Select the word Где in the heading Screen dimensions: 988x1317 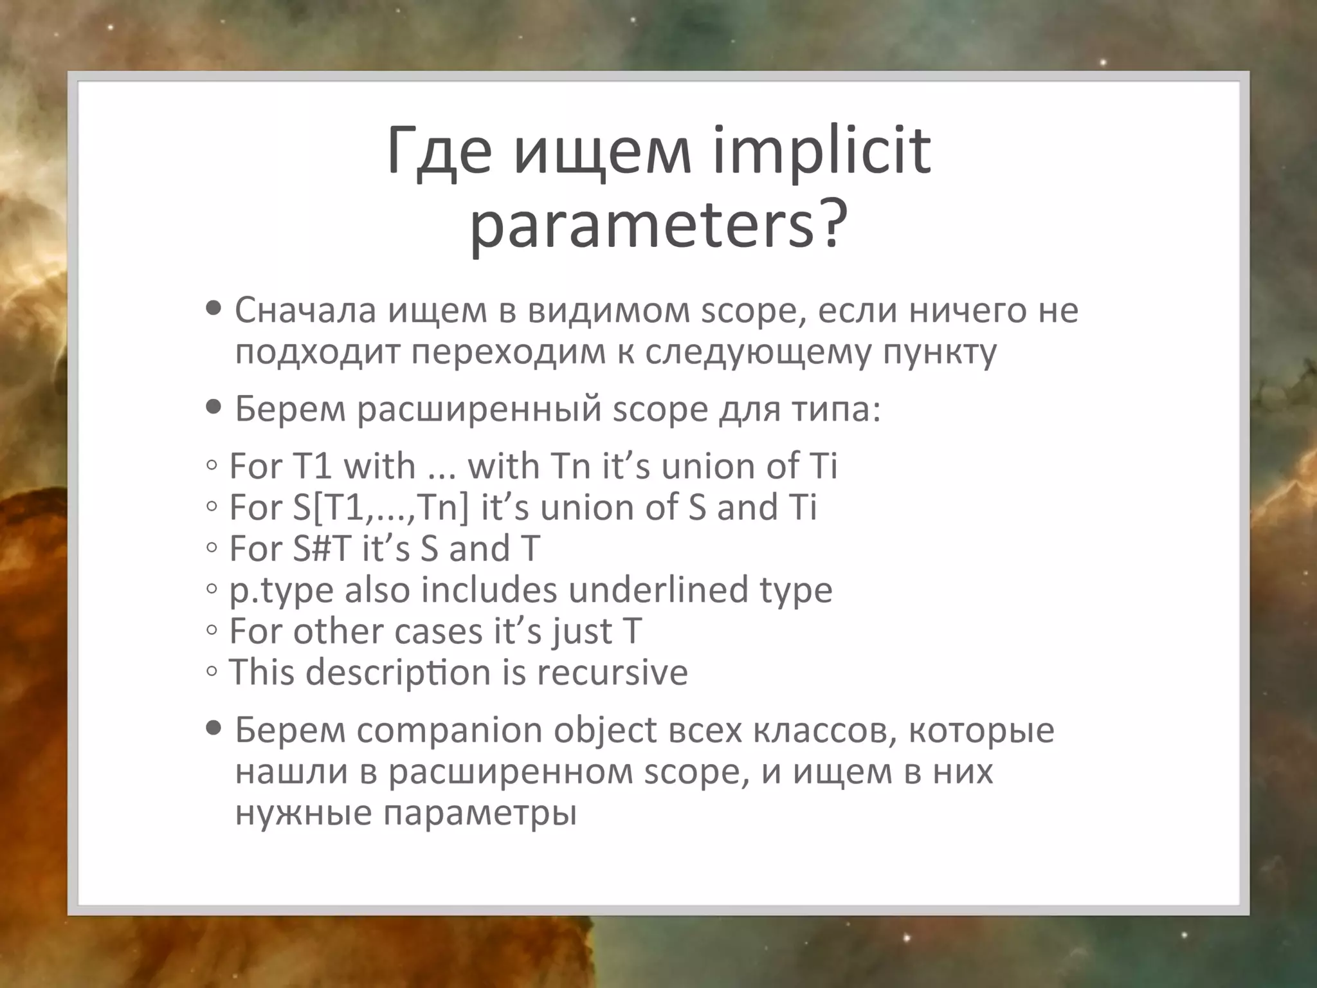coord(440,152)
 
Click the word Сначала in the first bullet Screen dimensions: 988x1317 coord(305,310)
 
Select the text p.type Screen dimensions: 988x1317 coord(281,590)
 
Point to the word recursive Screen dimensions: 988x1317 coord(612,672)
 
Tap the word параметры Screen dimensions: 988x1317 coord(480,813)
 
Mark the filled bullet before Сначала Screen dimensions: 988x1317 coord(213,309)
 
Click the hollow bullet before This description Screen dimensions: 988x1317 coord(212,672)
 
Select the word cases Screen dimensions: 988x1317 coord(438,631)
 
